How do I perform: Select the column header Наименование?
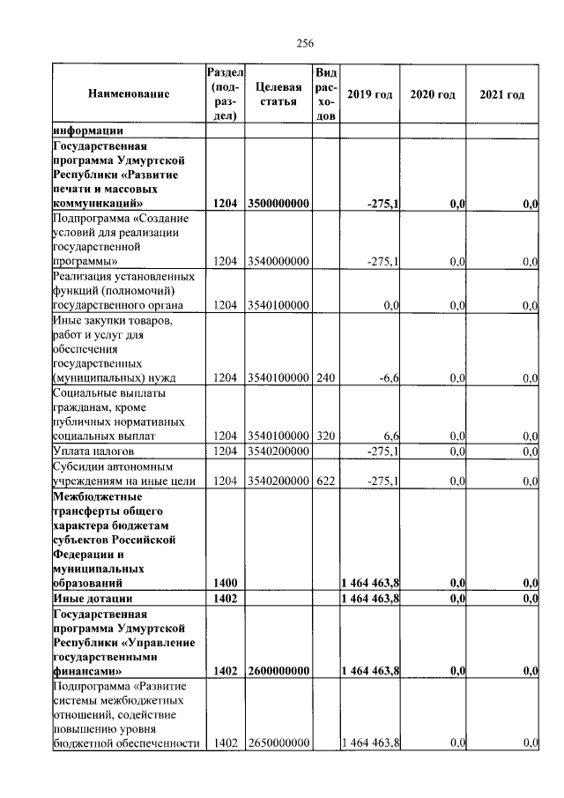pos(129,94)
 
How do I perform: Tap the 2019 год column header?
pos(369,94)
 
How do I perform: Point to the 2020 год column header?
pos(433,94)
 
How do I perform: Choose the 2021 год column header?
pos(501,94)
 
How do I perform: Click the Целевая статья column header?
pos(278,94)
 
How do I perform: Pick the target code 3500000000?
pos(278,205)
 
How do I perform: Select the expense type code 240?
pos(325,378)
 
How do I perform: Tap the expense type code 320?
pos(325,436)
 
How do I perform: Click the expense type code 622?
pos(325,481)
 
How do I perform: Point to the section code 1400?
pos(226,583)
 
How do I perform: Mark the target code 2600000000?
pos(278,671)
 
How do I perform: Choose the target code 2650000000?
pos(278,744)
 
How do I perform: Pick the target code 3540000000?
pos(278,262)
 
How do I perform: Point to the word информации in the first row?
pos(88,131)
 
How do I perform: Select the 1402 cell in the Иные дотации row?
pos(226,599)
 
